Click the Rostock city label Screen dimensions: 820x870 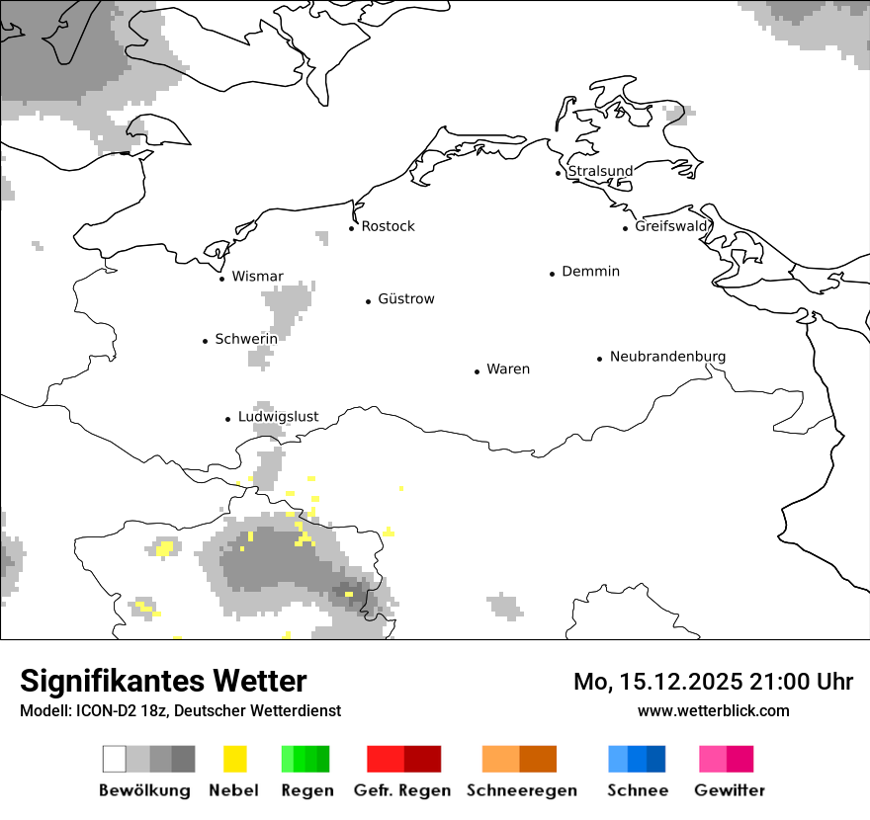(x=388, y=226)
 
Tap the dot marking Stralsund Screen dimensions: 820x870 (x=559, y=173)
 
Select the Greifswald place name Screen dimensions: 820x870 (x=671, y=226)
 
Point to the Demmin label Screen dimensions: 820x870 (x=590, y=272)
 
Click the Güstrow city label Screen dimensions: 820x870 (x=405, y=299)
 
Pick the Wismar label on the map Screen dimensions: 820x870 (x=257, y=277)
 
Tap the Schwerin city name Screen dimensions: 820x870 (x=246, y=339)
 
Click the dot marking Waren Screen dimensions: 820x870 (x=477, y=371)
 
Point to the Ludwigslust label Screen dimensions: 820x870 (x=278, y=417)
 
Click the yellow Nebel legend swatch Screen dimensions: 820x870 (x=235, y=759)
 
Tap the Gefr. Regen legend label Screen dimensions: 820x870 (x=402, y=790)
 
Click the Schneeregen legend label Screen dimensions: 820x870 (x=521, y=790)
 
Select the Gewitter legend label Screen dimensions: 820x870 (x=730, y=790)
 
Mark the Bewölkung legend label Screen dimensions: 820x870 (x=144, y=790)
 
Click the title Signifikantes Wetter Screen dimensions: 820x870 (x=163, y=682)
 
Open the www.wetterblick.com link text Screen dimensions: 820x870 (x=713, y=710)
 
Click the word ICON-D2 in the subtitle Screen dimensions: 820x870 (x=105, y=711)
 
